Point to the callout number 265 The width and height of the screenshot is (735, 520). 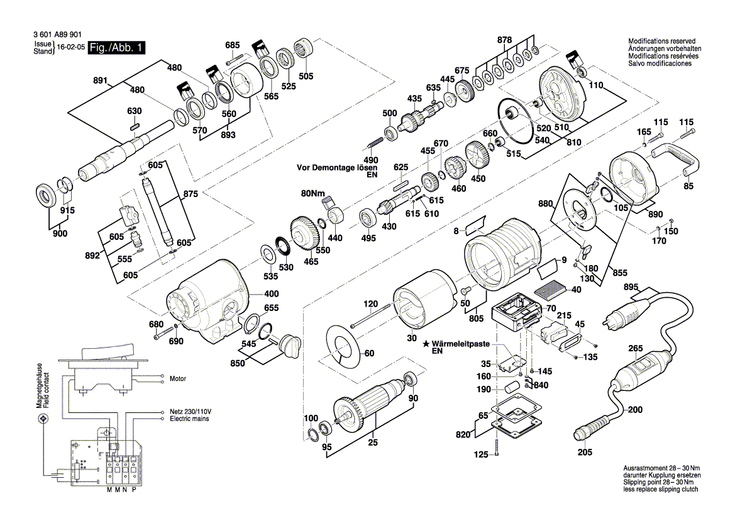[635, 349]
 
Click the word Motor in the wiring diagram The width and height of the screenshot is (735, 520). [178, 379]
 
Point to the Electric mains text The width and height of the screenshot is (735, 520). [190, 419]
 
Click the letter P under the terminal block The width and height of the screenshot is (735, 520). [134, 489]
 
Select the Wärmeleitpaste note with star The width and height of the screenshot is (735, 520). [459, 344]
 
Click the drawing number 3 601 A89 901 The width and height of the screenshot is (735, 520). [56, 37]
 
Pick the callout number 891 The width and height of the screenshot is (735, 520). [99, 81]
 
